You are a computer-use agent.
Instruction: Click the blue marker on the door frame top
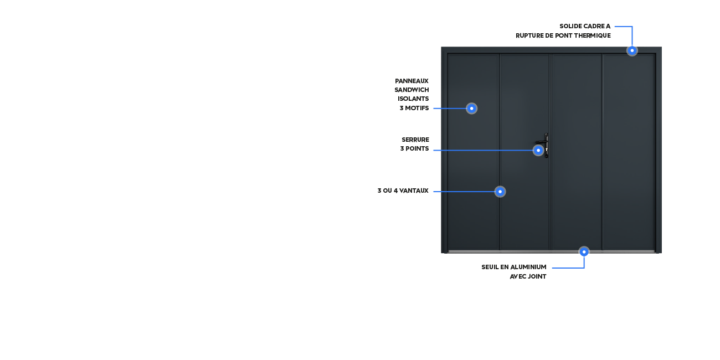point(632,50)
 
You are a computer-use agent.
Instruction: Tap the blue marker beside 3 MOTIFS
point(471,109)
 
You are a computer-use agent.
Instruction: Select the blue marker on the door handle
point(538,150)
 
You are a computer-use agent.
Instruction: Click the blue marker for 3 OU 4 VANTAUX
point(500,192)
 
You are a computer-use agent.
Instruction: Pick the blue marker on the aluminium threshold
point(584,251)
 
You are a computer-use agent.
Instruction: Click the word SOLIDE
point(570,27)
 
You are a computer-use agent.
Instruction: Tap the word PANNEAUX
point(412,81)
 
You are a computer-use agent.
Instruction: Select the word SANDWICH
point(412,90)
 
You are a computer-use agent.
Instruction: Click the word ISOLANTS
point(413,99)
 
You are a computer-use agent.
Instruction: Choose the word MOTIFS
point(417,109)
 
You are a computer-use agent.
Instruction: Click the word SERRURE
point(415,140)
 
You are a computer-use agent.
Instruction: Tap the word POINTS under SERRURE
point(417,148)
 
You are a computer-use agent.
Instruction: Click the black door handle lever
point(541,142)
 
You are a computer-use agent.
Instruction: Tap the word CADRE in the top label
point(593,27)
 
